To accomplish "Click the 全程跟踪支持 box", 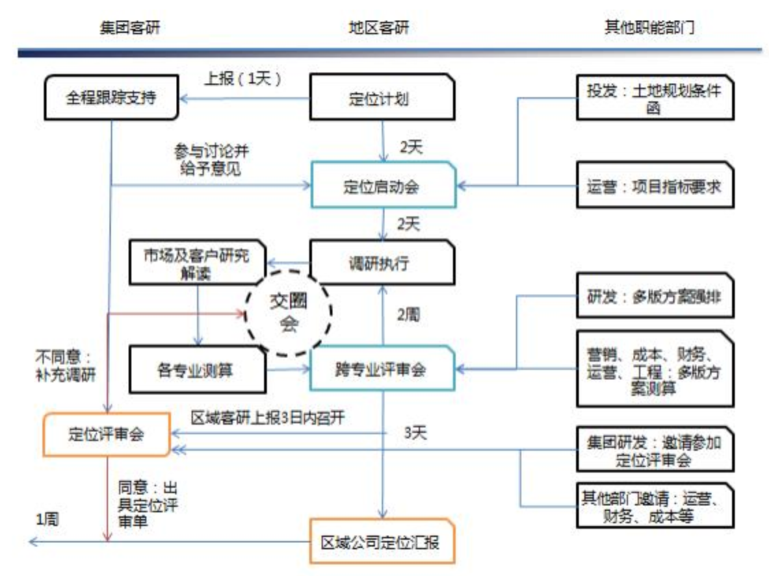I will (x=111, y=98).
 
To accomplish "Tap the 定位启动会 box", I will (x=382, y=186).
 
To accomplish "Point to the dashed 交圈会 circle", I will (x=289, y=314).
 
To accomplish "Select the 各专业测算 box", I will (x=196, y=371).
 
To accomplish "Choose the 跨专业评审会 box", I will (x=381, y=371).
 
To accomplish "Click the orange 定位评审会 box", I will (x=106, y=434).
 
